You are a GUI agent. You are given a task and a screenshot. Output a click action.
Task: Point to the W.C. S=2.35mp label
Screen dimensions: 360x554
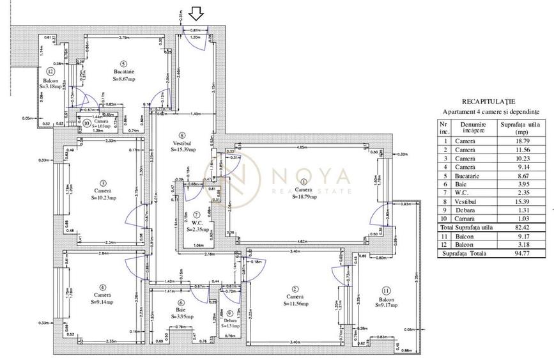(198, 225)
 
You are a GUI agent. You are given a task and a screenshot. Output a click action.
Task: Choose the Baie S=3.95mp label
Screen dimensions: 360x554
(181, 313)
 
